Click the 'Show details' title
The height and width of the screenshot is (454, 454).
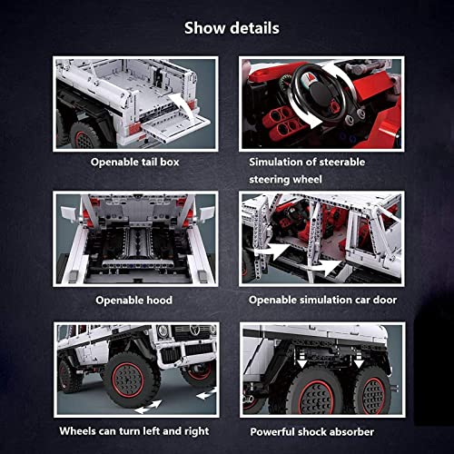(232, 28)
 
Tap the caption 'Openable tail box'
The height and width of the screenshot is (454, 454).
(135, 162)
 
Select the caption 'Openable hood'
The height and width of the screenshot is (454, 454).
(133, 301)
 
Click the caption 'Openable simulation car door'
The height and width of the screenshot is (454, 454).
(322, 300)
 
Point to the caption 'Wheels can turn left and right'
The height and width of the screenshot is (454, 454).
(134, 431)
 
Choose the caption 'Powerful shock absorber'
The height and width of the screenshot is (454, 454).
(312, 432)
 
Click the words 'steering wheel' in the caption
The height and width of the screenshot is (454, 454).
(285, 179)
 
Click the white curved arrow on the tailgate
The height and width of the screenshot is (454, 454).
(183, 104)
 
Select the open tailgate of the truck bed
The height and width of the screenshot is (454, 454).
(175, 127)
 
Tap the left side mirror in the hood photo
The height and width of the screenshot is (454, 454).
(69, 212)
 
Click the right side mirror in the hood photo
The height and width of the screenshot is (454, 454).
(205, 213)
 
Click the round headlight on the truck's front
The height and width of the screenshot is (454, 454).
(163, 331)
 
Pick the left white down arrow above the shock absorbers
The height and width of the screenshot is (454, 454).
(301, 361)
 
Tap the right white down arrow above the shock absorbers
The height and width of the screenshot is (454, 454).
(359, 361)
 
